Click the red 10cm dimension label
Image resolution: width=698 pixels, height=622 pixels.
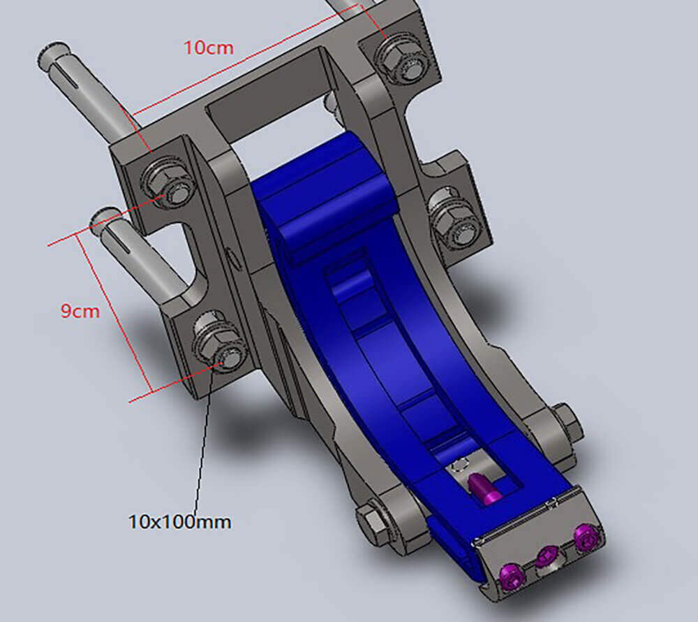[x=209, y=48]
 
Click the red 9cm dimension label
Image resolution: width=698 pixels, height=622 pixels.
[x=80, y=310]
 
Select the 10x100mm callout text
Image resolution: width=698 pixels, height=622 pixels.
[x=180, y=521]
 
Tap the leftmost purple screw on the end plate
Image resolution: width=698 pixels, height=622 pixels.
[x=511, y=576]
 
